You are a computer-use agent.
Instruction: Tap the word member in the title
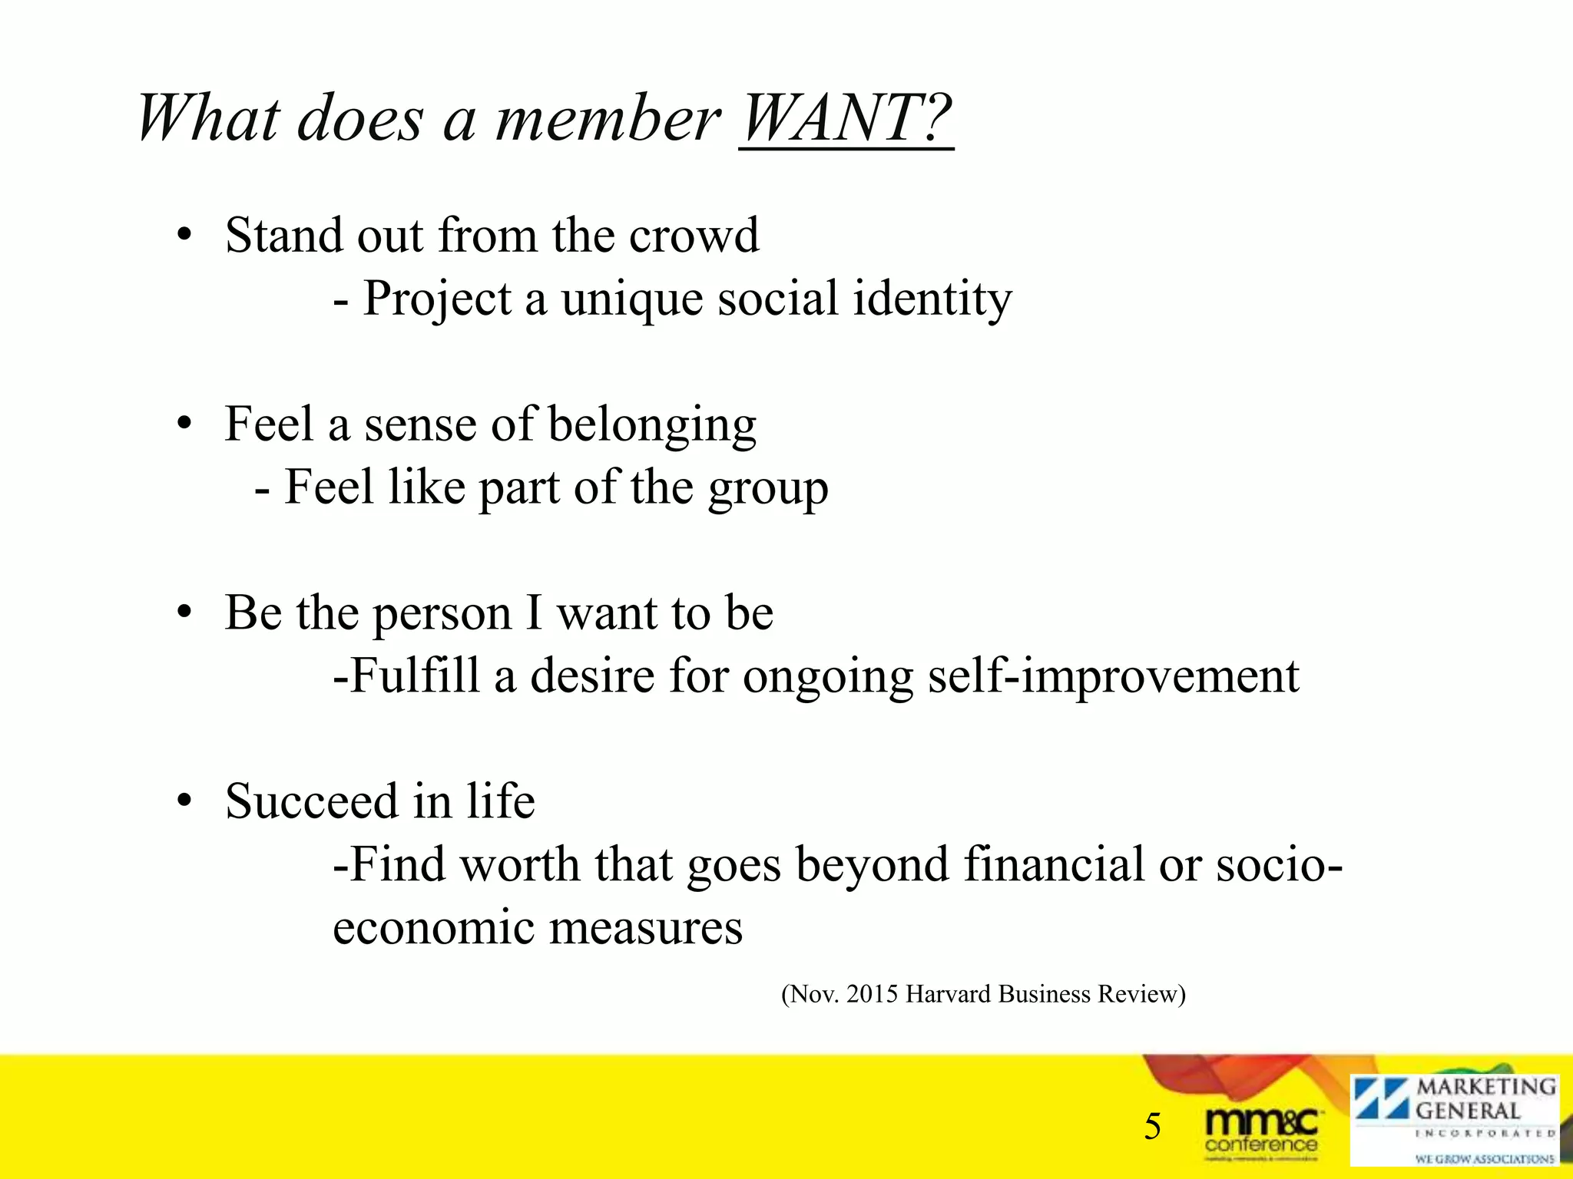(x=608, y=119)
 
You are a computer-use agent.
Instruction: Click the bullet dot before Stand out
(x=183, y=236)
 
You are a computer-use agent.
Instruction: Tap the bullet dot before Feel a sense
(x=183, y=424)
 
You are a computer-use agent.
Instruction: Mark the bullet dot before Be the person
(x=183, y=613)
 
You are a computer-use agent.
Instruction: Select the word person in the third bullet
(x=442, y=615)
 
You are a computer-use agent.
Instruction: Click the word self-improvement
(x=1113, y=677)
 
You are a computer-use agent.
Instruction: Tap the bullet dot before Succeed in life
(x=183, y=802)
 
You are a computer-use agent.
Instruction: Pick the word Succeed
(x=312, y=801)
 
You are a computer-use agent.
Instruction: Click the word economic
(x=433, y=927)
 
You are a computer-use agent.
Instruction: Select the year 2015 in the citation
(x=872, y=994)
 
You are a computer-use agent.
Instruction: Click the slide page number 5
(x=1152, y=1127)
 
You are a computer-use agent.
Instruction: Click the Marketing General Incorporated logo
(x=1455, y=1121)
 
